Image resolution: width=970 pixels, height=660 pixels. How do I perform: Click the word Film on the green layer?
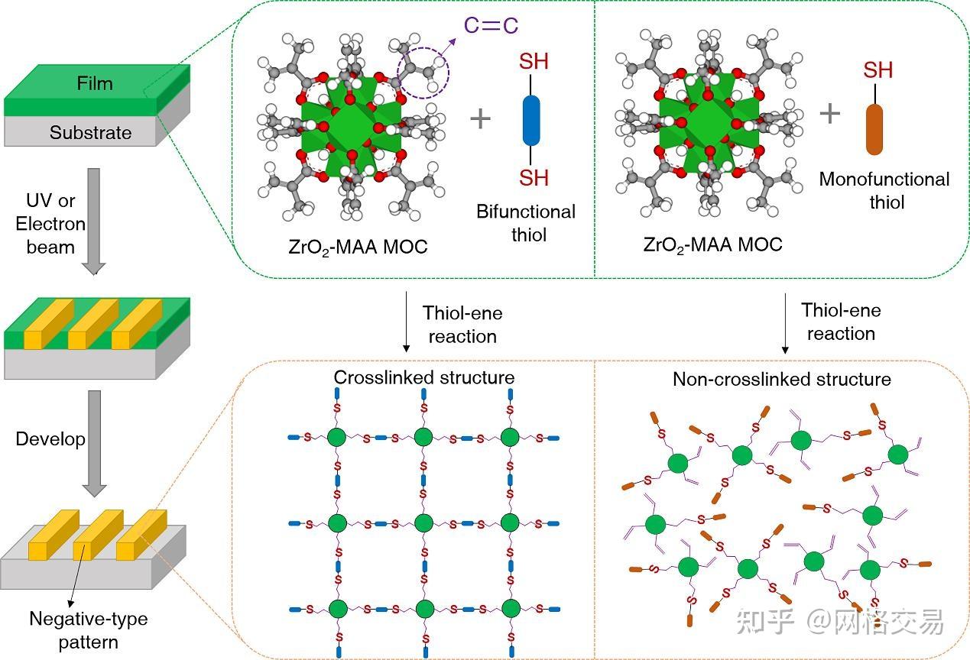(94, 82)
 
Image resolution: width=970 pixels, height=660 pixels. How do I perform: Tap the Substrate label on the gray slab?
(90, 132)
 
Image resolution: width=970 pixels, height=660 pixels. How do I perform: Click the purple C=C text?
(491, 25)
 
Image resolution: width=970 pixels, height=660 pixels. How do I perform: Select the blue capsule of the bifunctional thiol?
(530, 119)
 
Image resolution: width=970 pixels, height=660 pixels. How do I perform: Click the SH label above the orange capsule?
(878, 71)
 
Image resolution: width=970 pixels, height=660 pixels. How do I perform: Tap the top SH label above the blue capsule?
(534, 61)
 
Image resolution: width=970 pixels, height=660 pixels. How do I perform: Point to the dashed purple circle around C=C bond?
(423, 75)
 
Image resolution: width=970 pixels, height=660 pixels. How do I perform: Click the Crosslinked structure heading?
(423, 377)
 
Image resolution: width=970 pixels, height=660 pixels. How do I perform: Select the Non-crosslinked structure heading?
(781, 379)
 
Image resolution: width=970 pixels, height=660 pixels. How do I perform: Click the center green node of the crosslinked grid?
(423, 523)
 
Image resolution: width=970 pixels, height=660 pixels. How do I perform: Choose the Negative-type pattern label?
(88, 629)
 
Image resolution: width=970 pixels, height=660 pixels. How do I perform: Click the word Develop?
(50, 439)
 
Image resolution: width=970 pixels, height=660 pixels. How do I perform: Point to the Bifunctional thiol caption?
(526, 222)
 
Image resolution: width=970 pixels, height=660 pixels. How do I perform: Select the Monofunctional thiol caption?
(884, 190)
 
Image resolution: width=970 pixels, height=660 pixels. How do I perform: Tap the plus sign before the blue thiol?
(480, 118)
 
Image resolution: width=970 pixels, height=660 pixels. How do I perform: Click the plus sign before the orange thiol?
(830, 114)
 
